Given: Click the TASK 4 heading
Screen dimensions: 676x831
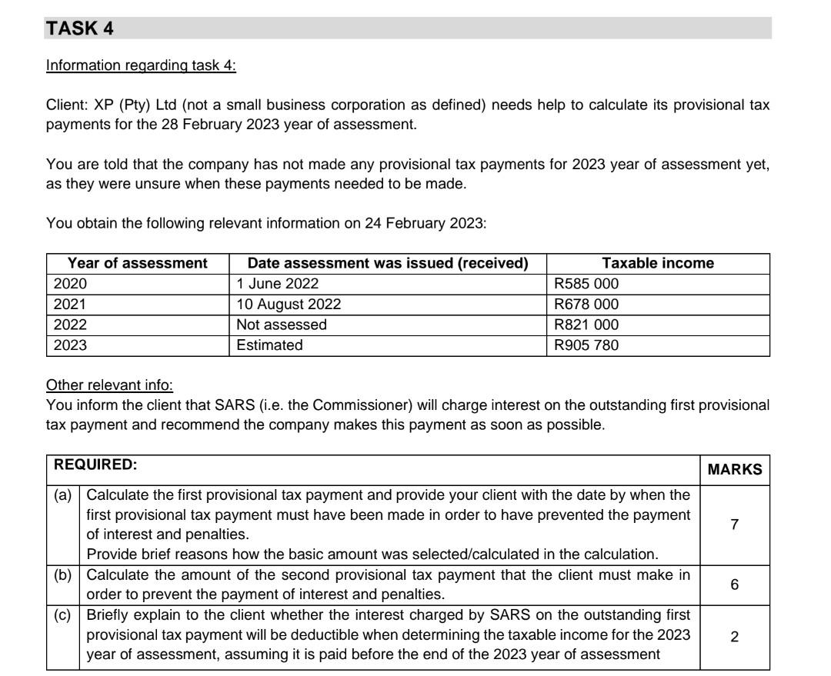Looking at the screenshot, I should [80, 28].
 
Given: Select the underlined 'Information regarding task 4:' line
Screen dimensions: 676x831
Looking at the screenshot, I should [141, 65].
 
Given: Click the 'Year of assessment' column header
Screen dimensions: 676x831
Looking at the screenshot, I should [138, 263].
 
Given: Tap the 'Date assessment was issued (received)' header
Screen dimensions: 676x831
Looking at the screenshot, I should [388, 263].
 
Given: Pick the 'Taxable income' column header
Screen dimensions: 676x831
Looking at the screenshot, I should [658, 263].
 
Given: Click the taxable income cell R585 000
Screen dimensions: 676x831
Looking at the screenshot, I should [586, 284].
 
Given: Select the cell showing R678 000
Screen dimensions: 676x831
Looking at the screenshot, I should [586, 305].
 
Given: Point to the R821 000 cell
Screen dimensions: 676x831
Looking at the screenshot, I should [586, 325].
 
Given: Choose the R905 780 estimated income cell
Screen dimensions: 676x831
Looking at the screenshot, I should [586, 346].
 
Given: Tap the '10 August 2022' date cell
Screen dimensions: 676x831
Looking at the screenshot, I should [289, 305].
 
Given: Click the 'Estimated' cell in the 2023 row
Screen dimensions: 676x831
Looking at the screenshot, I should [269, 346].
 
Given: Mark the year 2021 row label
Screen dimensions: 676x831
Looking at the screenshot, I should [70, 305].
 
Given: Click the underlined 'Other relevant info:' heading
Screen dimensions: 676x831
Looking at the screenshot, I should [110, 385].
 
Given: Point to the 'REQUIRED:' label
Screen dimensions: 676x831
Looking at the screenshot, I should [95, 465].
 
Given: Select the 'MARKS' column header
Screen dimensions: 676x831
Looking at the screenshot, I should [735, 469].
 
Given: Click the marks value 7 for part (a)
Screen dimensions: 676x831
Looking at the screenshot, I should [735, 525].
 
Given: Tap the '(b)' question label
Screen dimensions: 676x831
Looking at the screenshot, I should [62, 574].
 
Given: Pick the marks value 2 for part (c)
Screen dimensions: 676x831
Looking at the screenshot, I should [735, 637].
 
